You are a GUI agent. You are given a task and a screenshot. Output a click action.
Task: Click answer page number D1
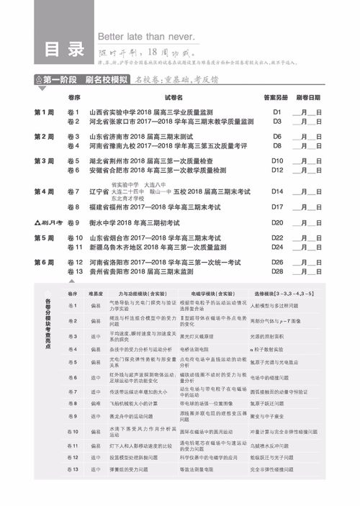276,113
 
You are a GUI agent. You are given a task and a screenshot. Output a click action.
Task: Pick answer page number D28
277,271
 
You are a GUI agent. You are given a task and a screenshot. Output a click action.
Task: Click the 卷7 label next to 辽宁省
72,192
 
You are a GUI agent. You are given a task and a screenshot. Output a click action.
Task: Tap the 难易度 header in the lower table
96,294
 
